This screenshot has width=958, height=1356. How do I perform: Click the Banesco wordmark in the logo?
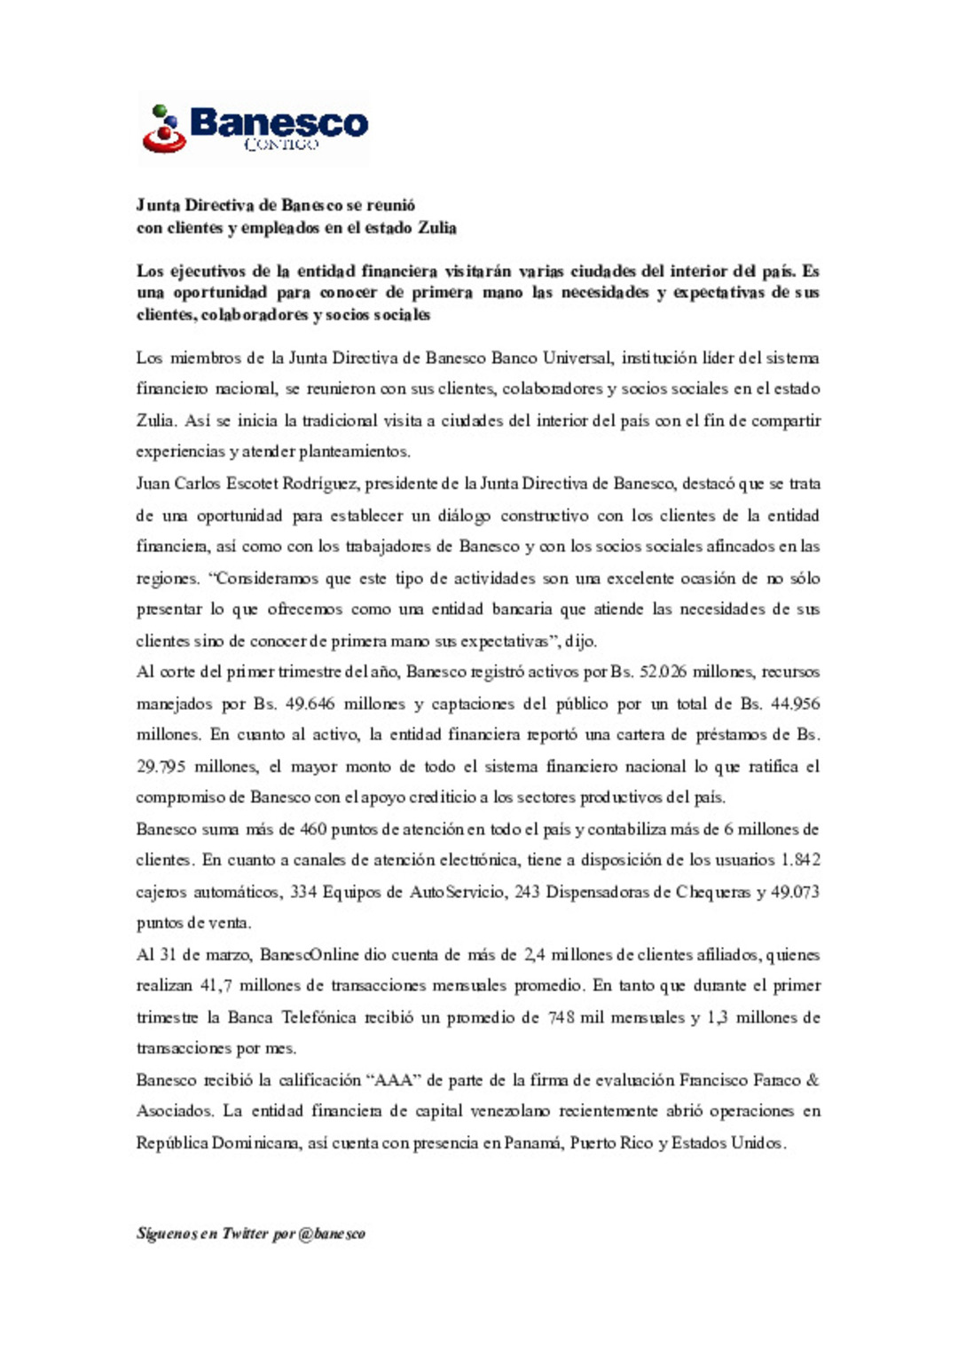279,122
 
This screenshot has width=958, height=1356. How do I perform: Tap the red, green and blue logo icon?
164,130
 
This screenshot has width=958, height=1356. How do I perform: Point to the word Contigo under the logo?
280,145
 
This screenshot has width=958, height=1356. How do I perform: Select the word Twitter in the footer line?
245,1234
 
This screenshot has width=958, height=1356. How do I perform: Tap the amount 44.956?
795,704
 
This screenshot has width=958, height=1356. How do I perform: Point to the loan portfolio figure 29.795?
161,767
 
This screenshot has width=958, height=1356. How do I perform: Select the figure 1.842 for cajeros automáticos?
800,860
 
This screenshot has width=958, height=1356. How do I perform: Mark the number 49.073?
795,892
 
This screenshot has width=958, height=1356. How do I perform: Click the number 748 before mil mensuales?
561,1017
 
